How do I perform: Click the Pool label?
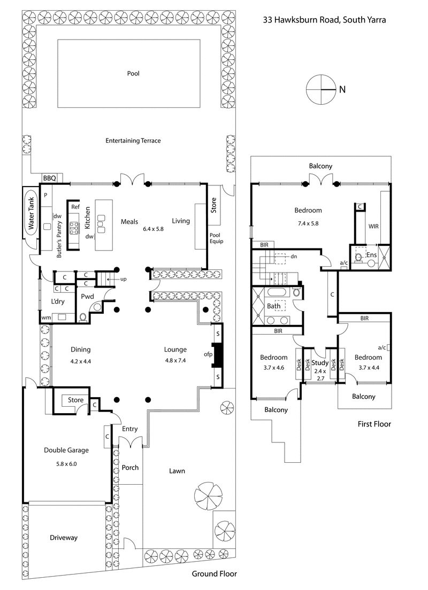[133, 74]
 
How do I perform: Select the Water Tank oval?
[31, 219]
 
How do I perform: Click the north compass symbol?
[320, 90]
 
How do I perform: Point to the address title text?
[324, 20]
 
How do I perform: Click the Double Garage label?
[66, 450]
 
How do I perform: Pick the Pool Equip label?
[217, 238]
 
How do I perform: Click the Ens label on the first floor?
[372, 255]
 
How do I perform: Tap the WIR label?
[373, 227]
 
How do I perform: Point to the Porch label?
[130, 468]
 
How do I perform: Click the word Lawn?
[177, 471]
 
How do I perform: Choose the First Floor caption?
[374, 424]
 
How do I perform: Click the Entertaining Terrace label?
[133, 141]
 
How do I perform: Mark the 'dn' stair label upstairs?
[294, 256]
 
